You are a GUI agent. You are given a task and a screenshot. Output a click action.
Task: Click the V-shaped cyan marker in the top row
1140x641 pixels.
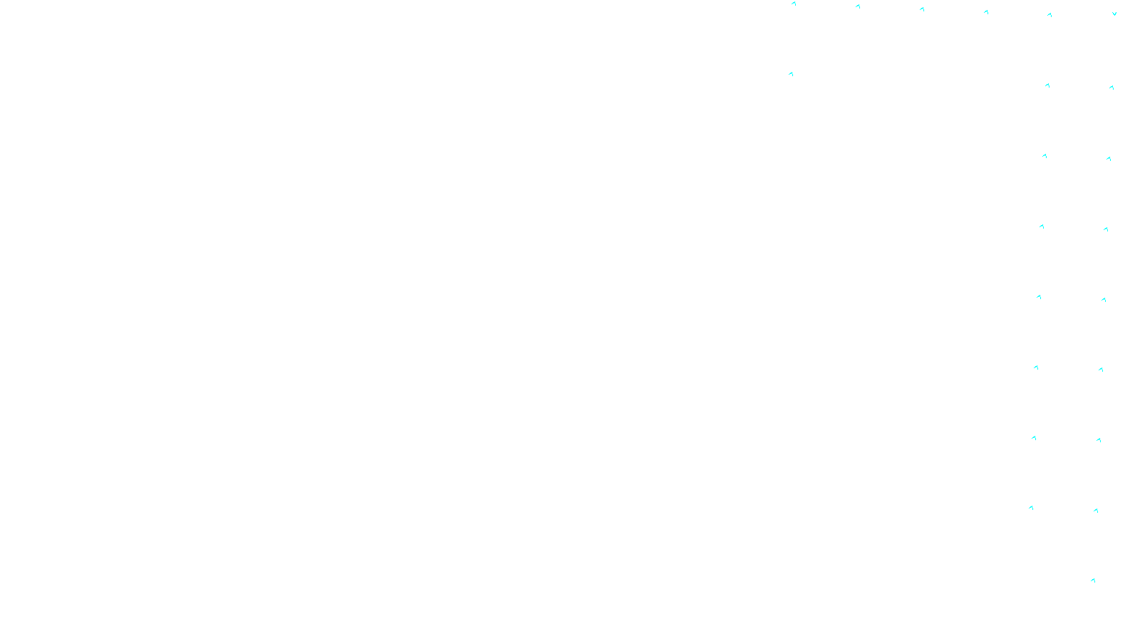[x=1114, y=14]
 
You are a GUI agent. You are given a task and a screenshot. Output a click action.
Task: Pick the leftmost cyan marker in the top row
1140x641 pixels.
[x=794, y=4]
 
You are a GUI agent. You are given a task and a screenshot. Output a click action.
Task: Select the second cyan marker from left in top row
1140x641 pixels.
[x=858, y=6]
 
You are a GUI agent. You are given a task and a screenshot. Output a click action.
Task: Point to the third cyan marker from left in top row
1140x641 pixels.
[x=922, y=9]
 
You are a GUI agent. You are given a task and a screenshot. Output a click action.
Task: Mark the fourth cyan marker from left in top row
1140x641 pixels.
[x=986, y=12]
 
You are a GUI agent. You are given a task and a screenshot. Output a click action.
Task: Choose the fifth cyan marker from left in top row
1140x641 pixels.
[x=1050, y=14]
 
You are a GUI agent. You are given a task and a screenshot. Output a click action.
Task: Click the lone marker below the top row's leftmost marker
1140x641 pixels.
[x=791, y=74]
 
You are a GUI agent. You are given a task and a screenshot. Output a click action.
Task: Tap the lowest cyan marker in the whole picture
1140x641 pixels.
[x=1093, y=580]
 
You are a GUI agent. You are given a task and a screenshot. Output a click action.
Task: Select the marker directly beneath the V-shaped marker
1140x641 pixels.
[x=1111, y=88]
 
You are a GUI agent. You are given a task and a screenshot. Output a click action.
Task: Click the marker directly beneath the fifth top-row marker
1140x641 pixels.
[x=1047, y=85]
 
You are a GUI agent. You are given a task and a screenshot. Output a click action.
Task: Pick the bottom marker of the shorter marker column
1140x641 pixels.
[x=1031, y=508]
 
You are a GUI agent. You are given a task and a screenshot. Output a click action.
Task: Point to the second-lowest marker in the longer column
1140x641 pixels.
[x=1096, y=511]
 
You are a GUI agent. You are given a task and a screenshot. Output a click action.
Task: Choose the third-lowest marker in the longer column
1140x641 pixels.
[x=1099, y=440]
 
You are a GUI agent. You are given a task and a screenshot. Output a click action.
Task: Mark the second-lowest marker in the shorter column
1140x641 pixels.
[x=1034, y=438]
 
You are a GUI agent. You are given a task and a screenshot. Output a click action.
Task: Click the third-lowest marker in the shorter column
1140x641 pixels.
[x=1036, y=368]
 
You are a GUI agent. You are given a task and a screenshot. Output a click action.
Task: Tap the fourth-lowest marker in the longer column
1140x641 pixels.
[x=1101, y=370]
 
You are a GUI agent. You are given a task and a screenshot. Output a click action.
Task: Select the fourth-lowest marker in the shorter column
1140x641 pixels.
[x=1039, y=297]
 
